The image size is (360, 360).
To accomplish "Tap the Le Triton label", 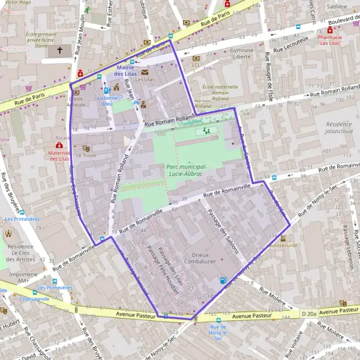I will [86, 155].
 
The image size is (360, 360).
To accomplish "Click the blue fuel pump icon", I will [223, 280].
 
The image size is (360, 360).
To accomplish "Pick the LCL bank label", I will [196, 64].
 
